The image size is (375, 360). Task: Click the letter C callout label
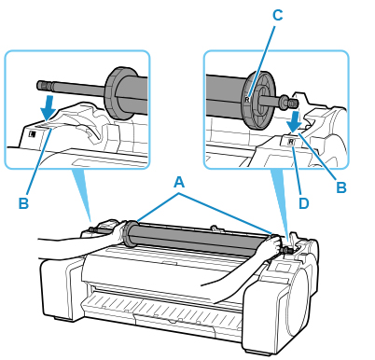[277, 15]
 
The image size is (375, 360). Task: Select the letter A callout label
[179, 182]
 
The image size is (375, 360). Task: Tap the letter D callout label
[303, 203]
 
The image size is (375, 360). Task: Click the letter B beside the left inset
[23, 203]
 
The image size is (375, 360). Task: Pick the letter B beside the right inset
[341, 187]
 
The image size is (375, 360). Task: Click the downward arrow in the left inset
[49, 107]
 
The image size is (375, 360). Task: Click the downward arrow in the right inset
[294, 121]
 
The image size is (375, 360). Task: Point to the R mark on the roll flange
[247, 100]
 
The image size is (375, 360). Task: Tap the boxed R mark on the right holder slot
[291, 142]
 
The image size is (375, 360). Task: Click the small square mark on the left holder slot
[33, 134]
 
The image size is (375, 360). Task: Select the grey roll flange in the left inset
[117, 93]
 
